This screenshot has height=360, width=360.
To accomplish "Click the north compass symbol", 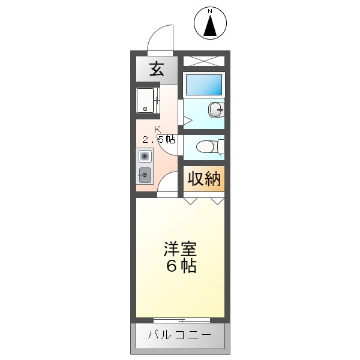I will pos(211,24).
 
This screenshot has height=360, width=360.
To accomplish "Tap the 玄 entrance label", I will pos(157,69).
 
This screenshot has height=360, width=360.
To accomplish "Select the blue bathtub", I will pos(203,84).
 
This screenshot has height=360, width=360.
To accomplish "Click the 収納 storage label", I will pos(204,179).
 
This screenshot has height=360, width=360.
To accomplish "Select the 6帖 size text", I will pos(181,267).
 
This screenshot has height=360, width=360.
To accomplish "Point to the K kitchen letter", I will pos(157,129).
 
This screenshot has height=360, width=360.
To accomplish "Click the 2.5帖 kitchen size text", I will pos(158,140).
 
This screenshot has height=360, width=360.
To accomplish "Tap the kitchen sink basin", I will pos(145,175).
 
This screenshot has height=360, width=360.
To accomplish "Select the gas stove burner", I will pos(145,157).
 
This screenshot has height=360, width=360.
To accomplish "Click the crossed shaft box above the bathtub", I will pos(203,61).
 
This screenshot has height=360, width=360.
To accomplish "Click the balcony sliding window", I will pos(181,320).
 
